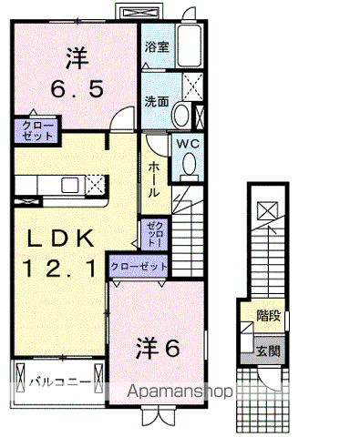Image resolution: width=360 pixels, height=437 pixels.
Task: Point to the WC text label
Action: (x=189, y=143)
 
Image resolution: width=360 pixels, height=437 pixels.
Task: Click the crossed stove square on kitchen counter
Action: (x=96, y=185)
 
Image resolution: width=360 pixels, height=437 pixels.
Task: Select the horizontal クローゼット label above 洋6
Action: (x=139, y=266)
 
